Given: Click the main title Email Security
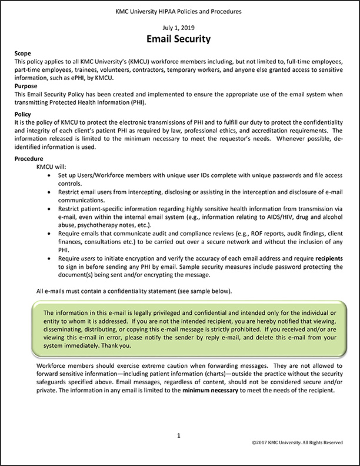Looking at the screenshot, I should coord(179,39).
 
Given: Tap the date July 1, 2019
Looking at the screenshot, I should coord(179,28).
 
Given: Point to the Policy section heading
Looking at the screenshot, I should coord(23,115).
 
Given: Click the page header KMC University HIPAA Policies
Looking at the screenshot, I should coord(179,11).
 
